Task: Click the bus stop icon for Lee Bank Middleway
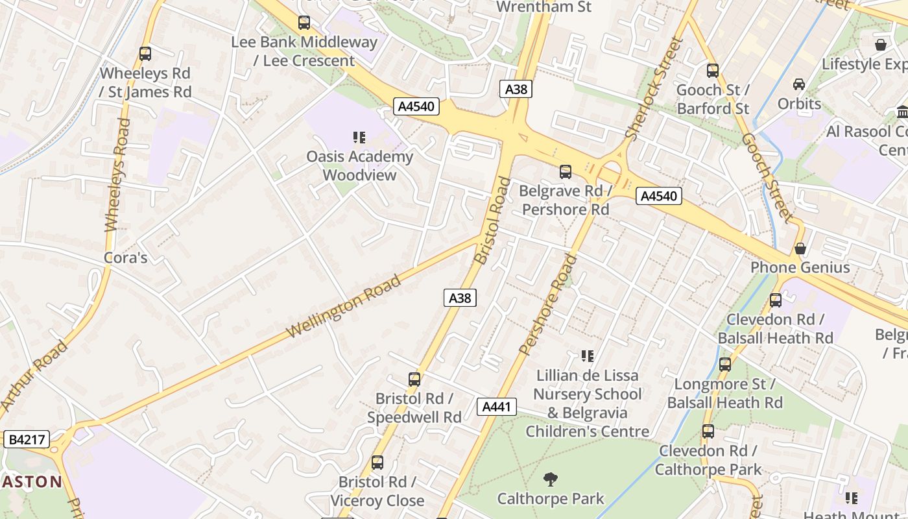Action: tap(304, 23)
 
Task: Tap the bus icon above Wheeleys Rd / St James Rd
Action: tap(145, 54)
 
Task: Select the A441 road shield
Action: tap(497, 407)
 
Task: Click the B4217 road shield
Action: tap(27, 439)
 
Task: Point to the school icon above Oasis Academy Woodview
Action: tap(359, 138)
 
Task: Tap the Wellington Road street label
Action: tap(344, 306)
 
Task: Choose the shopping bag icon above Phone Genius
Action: tap(800, 248)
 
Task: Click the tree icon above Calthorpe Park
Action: tap(550, 479)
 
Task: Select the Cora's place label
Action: tap(126, 258)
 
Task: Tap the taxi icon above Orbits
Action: tap(799, 84)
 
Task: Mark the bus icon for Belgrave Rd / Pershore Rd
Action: tap(566, 172)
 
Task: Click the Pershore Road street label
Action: tap(548, 305)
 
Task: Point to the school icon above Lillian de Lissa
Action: tap(588, 356)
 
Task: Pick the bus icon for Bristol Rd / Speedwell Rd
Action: tap(414, 380)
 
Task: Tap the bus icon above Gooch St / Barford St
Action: tap(713, 71)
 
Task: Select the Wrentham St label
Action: tap(544, 7)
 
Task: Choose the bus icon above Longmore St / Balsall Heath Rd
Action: tap(725, 365)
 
